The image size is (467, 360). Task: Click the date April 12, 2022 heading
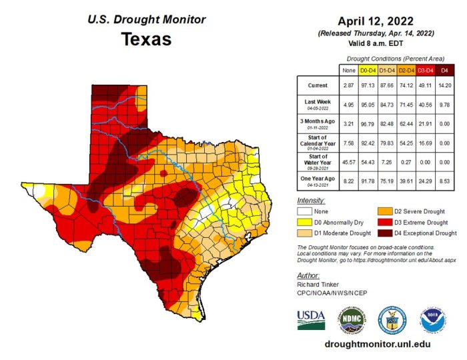376,20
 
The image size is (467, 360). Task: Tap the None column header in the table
348,69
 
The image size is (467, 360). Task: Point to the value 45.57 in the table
348,162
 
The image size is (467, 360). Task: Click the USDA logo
311,320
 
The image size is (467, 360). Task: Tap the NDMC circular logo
352,320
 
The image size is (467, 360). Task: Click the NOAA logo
432,320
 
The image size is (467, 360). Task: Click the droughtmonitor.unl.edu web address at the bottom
376,344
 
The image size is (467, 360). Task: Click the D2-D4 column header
407,69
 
